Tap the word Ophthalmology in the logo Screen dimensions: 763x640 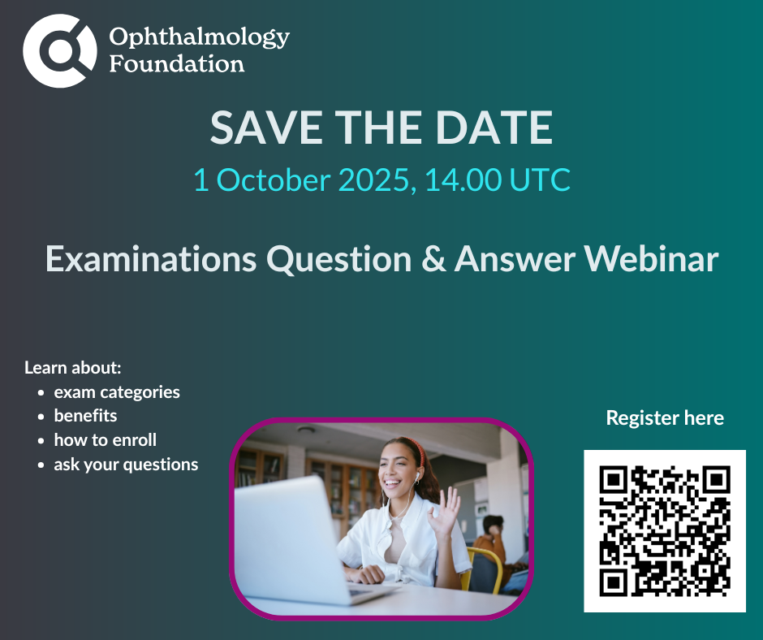coord(199,37)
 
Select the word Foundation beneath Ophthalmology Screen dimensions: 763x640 coord(177,64)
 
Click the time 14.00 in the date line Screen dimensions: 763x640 coord(463,179)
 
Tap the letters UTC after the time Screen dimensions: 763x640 coord(540,179)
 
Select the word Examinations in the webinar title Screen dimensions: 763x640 coord(151,258)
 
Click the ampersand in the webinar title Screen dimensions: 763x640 coord(433,258)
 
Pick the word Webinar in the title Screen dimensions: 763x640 coord(651,258)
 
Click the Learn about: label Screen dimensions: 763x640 coord(72,368)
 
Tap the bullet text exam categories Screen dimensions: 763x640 coord(117,392)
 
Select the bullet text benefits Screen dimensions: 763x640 coord(85,416)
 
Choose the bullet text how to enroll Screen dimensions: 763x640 coord(105,440)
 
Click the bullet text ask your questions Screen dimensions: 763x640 coord(126,465)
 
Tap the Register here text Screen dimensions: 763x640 coord(665,418)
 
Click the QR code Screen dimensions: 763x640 coord(665,531)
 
